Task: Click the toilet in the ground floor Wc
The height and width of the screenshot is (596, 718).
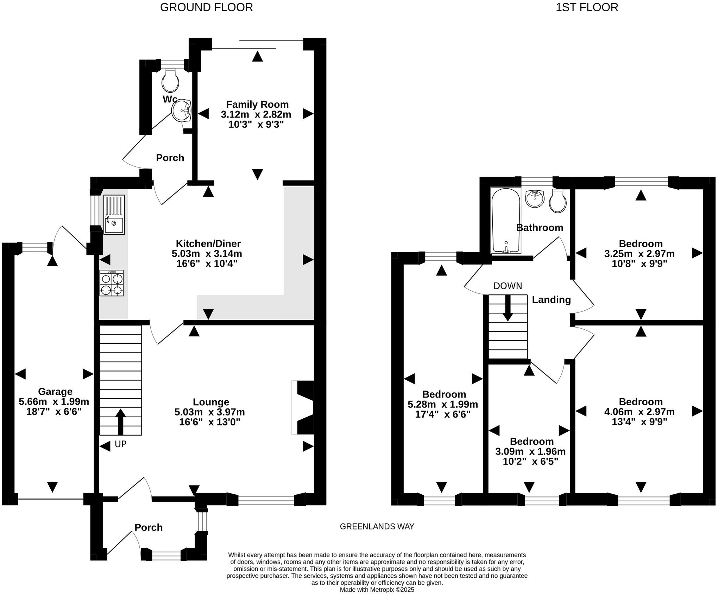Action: [170, 81]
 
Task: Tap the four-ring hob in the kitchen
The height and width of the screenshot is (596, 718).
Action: [112, 283]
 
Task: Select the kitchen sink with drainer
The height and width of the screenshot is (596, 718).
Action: [114, 215]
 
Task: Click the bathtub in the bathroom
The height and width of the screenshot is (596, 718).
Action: [506, 221]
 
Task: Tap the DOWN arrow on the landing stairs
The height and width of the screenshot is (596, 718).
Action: [508, 307]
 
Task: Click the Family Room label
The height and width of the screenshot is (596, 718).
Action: [257, 104]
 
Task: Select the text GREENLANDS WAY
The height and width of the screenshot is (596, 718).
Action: [377, 526]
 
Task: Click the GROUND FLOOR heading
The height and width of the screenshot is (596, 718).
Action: [206, 7]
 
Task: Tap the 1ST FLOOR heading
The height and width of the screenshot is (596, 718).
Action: [587, 7]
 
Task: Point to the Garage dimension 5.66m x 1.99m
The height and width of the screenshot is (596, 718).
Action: [54, 401]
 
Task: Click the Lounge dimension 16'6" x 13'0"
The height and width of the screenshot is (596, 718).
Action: [209, 422]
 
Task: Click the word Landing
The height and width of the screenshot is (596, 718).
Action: [551, 299]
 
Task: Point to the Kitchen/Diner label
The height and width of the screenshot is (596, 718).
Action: [208, 243]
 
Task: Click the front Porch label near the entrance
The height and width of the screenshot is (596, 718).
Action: [149, 527]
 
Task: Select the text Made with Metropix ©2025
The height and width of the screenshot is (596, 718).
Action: [377, 590]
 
